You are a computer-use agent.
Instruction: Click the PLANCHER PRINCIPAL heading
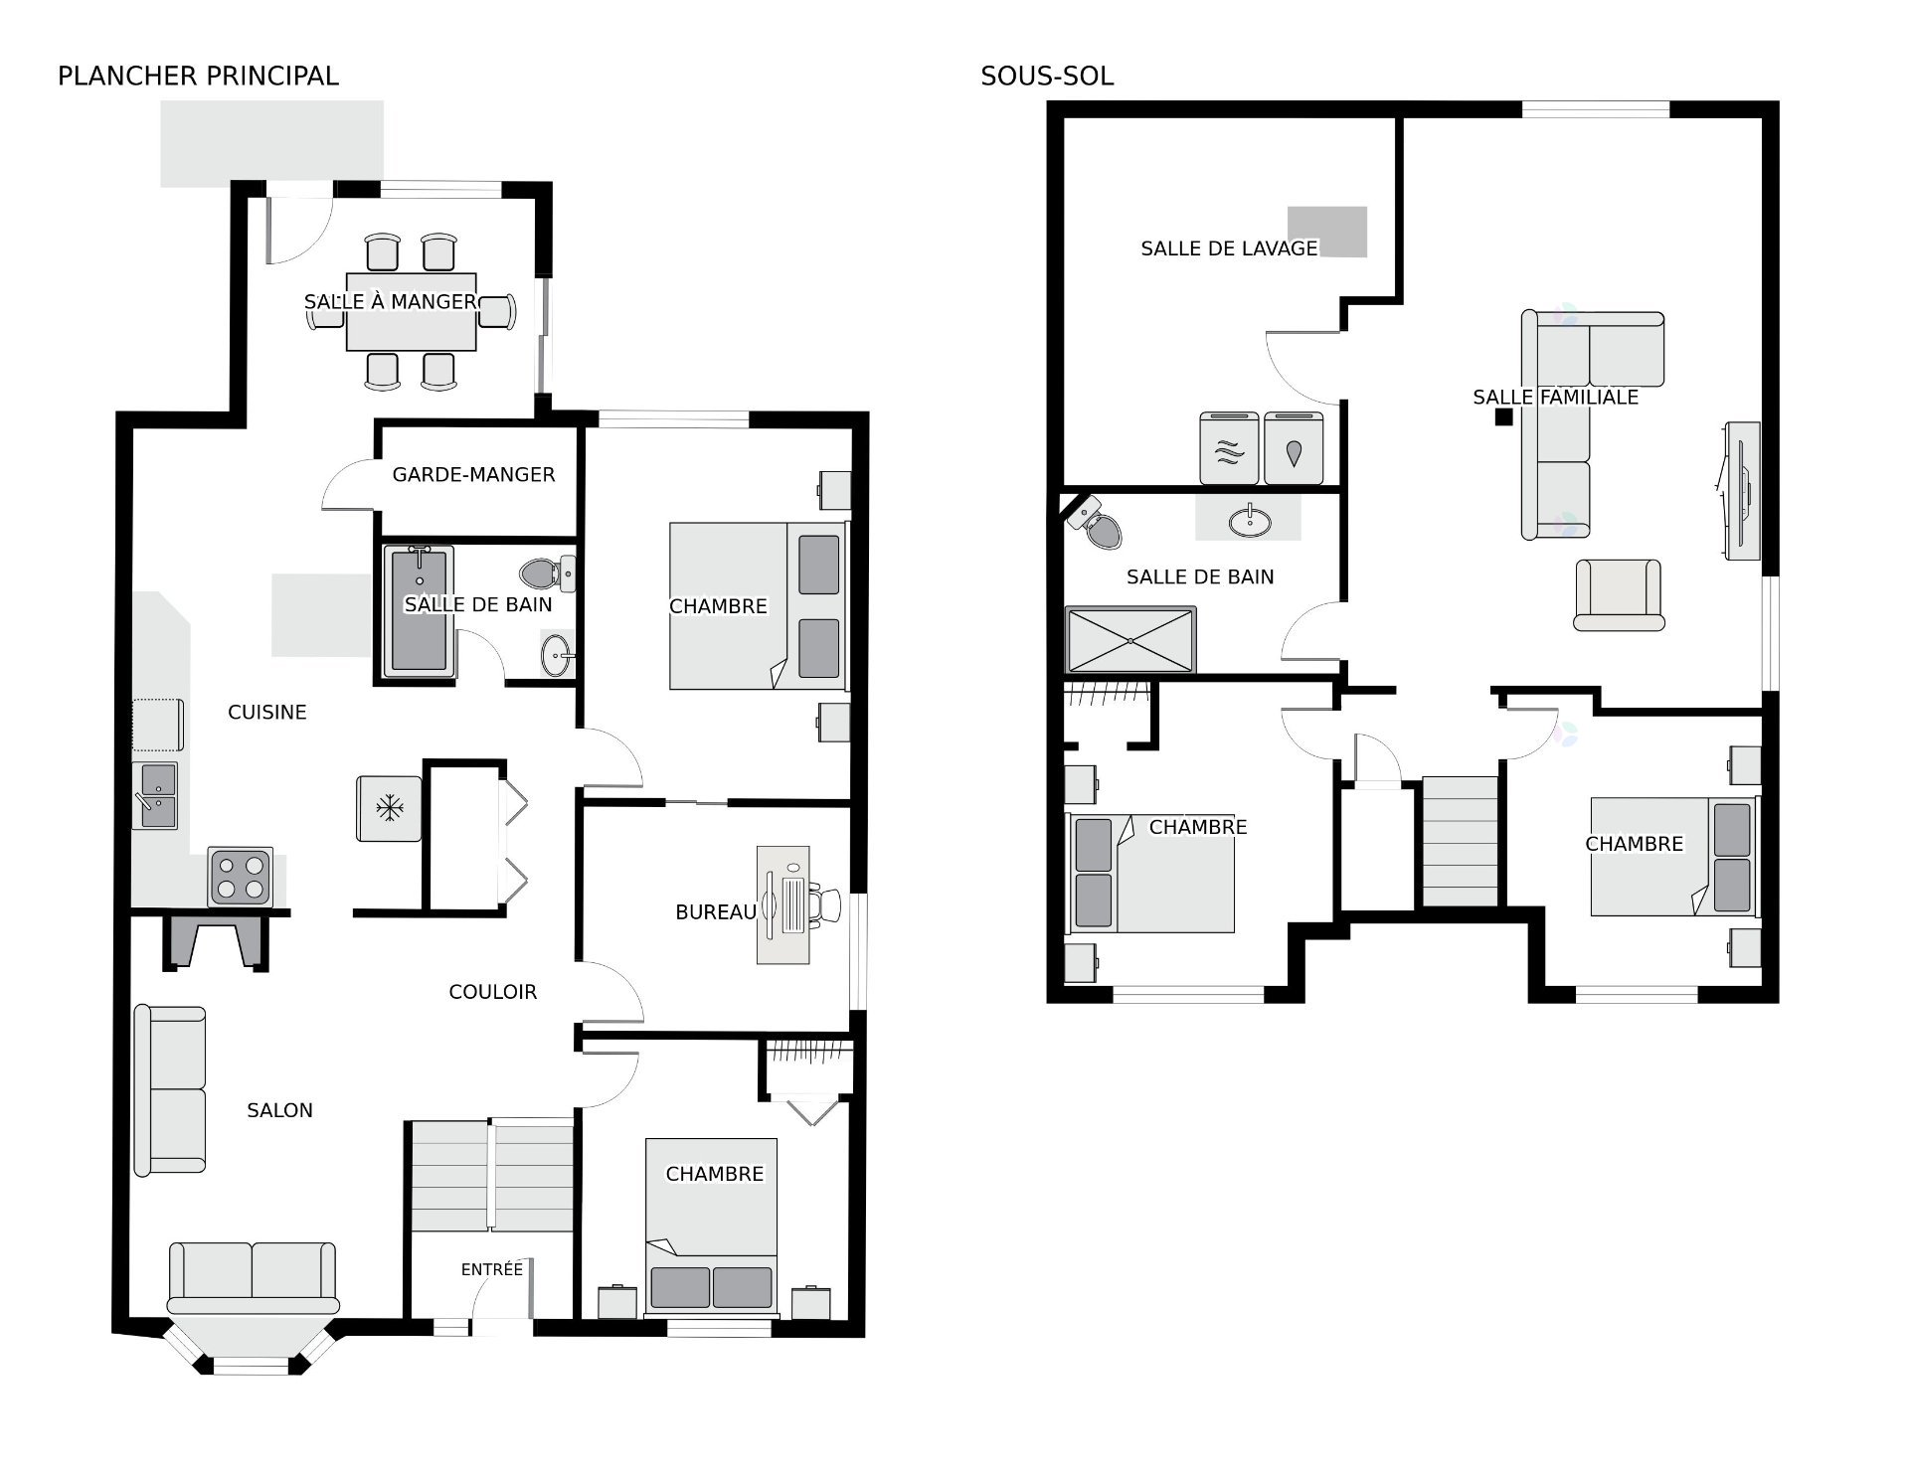(x=198, y=76)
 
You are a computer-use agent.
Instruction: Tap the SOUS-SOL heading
(x=1047, y=76)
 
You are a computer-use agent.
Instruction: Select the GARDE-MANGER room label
(x=473, y=475)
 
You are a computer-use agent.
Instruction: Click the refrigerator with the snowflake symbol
(x=389, y=808)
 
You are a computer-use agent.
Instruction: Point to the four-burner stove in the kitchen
(x=241, y=877)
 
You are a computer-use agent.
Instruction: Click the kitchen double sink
(x=156, y=795)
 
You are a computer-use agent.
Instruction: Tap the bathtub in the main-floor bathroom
(x=419, y=610)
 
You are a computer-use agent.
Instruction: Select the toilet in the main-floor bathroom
(x=547, y=573)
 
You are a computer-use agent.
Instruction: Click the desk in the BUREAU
(x=783, y=904)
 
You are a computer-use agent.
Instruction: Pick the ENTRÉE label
(x=492, y=1269)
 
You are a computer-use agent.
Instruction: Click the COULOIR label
(x=493, y=992)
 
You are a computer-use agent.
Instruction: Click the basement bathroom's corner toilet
(x=1095, y=523)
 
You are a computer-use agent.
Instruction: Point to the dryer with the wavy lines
(x=1229, y=448)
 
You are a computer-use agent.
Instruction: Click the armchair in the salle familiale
(x=1619, y=594)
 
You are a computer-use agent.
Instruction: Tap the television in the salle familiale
(x=1742, y=491)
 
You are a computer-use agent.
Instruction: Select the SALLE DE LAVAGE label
(x=1229, y=248)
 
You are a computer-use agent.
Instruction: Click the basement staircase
(x=1460, y=842)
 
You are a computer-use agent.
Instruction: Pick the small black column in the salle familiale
(x=1504, y=417)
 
